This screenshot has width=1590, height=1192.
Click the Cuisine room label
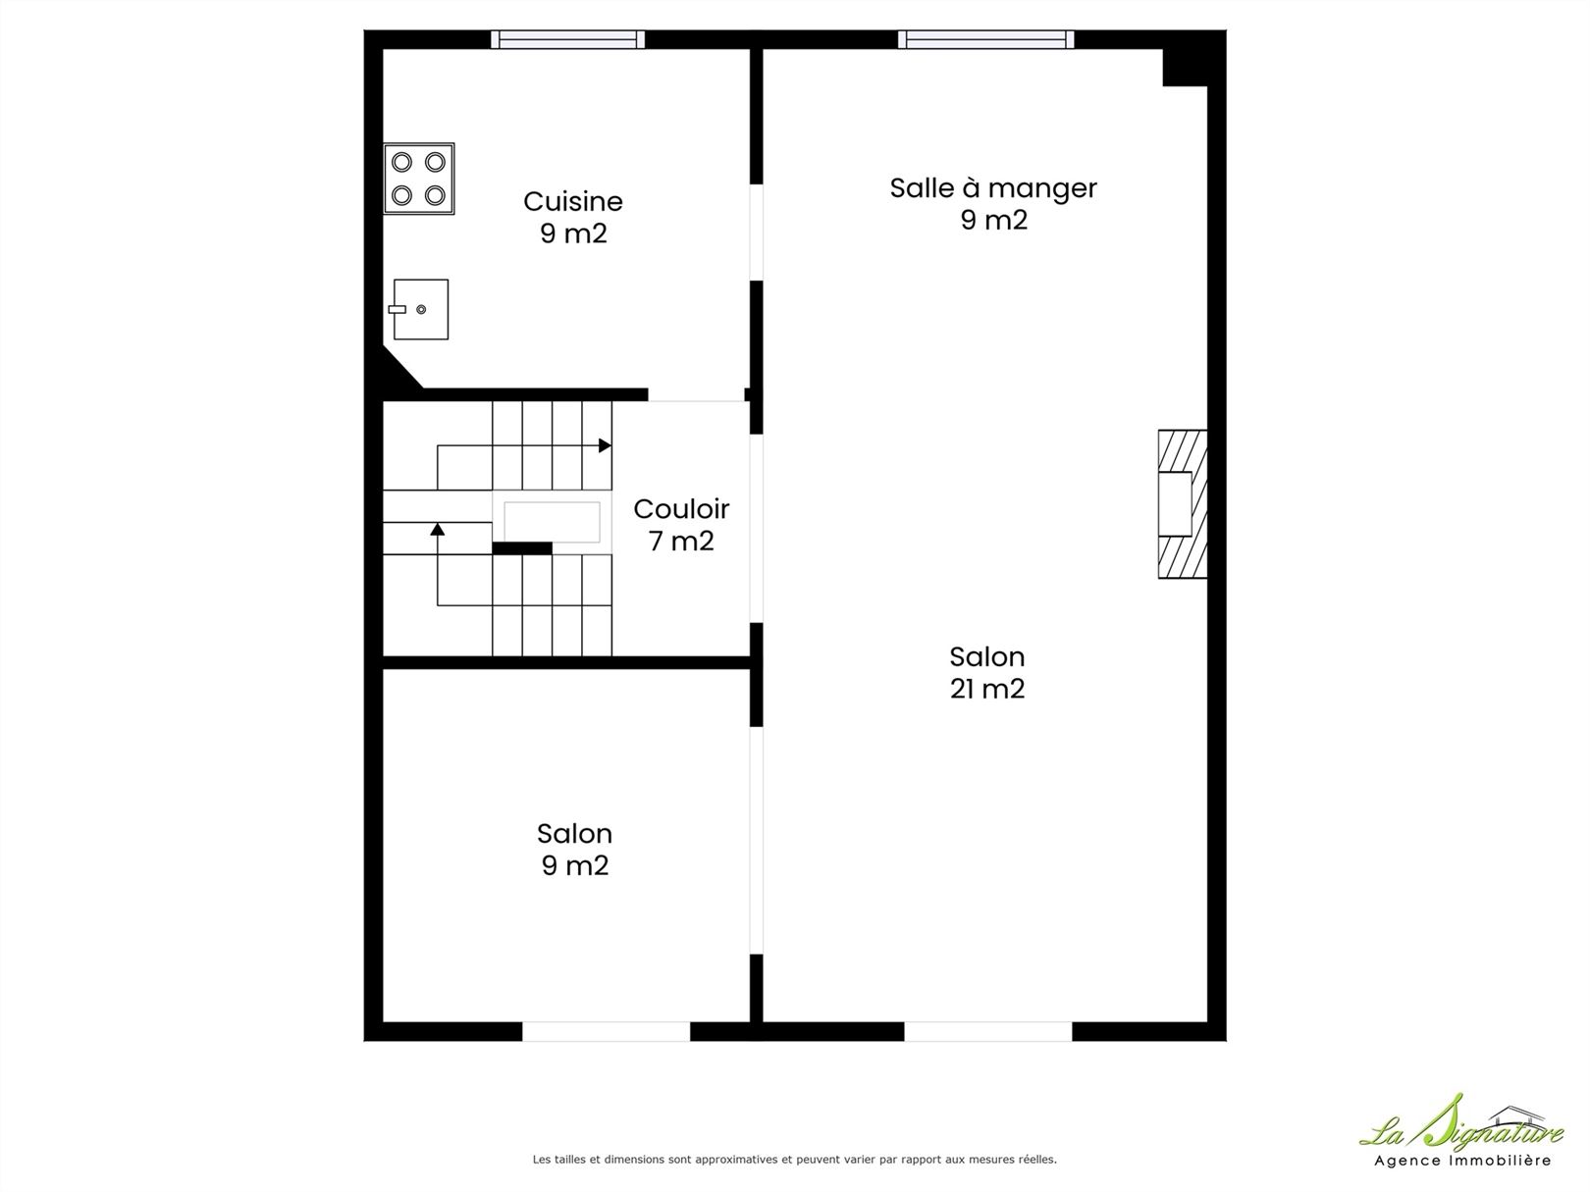[573, 201]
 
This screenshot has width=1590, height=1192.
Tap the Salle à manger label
[993, 188]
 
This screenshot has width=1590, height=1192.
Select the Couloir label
[681, 509]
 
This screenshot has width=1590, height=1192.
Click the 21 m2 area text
[987, 689]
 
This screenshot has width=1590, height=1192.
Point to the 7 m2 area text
[681, 541]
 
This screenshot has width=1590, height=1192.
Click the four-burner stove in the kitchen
[419, 179]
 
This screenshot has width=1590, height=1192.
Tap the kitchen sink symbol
[419, 309]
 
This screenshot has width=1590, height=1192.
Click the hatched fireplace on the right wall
[1182, 503]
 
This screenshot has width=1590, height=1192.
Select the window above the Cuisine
[568, 39]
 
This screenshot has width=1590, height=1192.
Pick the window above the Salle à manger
[985, 39]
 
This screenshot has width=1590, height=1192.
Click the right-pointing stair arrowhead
[605, 445]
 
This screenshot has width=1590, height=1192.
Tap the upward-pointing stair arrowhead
[437, 529]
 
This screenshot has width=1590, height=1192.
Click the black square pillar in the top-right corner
[1185, 68]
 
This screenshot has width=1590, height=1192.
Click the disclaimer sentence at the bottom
[794, 1159]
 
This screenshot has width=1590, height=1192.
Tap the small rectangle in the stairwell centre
[552, 522]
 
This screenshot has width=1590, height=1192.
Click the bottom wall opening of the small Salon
[607, 1031]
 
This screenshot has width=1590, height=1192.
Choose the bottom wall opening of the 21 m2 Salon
[988, 1031]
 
